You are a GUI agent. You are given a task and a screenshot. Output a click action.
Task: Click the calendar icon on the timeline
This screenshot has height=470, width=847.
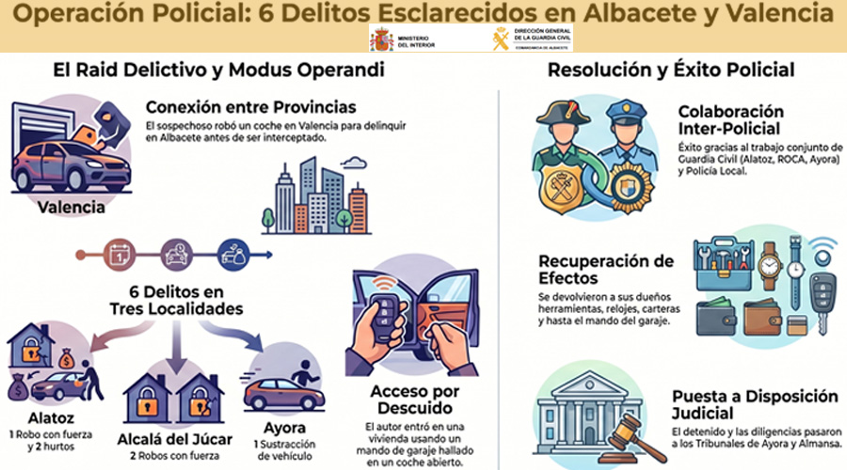[119, 253]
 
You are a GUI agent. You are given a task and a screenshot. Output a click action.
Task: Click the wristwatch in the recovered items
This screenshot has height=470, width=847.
[770, 265]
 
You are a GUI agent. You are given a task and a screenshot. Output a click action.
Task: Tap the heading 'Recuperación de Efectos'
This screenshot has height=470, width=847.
[605, 270]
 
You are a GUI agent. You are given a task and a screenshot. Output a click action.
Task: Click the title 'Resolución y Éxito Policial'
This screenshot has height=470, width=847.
[671, 70]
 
